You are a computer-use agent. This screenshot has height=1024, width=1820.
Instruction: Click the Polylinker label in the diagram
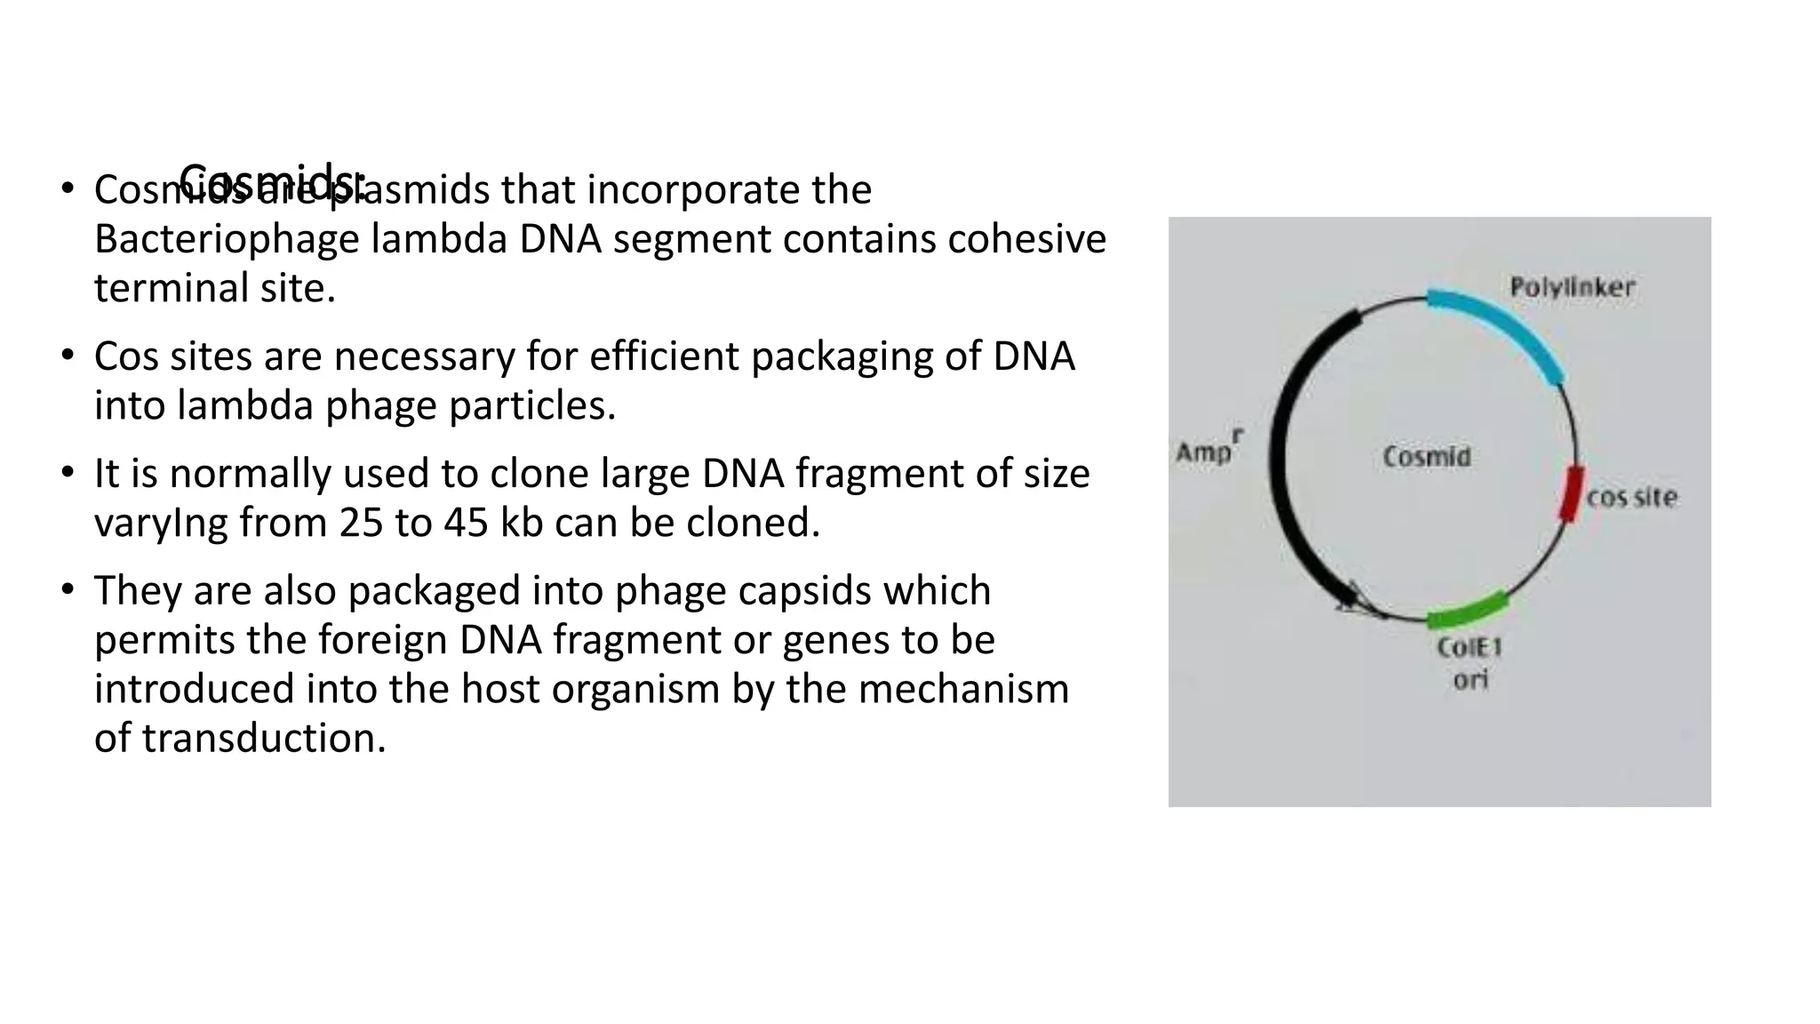pos(1572,287)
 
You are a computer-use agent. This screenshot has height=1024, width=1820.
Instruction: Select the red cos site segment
pos(1572,494)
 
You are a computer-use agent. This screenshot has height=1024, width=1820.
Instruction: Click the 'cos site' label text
pos(1632,497)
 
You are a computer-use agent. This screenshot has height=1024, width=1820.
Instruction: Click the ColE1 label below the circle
pos(1469,647)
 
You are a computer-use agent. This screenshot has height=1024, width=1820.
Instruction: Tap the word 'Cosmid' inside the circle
pos(1426,457)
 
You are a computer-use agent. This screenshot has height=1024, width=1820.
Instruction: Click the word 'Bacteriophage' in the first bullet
pos(226,239)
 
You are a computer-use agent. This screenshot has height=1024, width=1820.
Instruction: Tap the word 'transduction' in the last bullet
pos(263,738)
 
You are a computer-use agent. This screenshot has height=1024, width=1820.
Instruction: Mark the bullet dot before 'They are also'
pos(68,590)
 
